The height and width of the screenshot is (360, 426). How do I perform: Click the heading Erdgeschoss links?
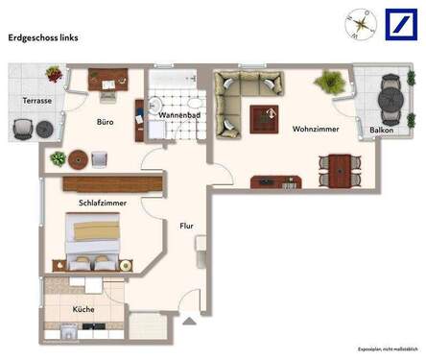(43, 37)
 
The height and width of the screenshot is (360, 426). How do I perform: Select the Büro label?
(106, 122)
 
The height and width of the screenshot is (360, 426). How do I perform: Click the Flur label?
(186, 226)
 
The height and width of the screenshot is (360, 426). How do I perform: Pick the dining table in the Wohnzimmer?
(336, 171)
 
